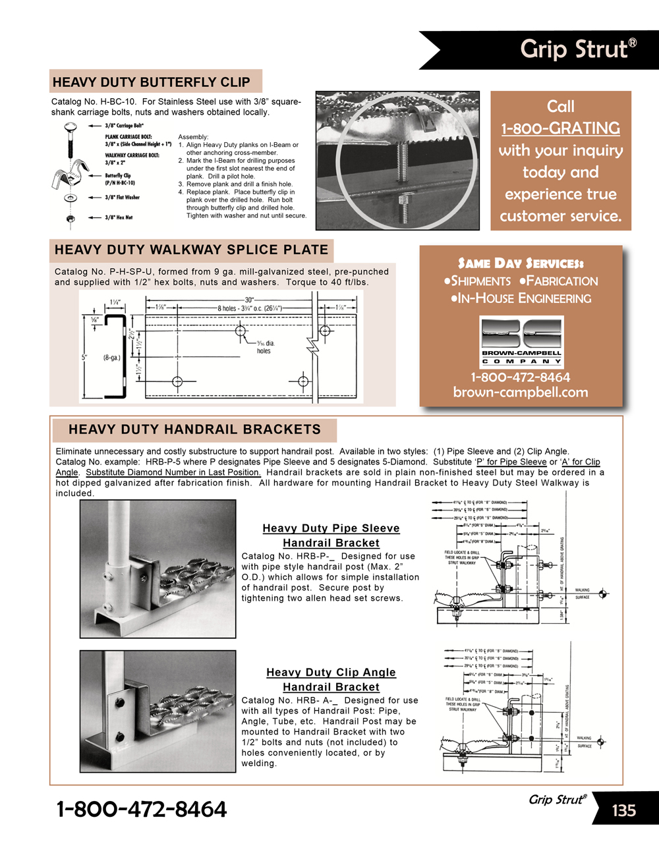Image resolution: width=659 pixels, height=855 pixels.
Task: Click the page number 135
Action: [623, 810]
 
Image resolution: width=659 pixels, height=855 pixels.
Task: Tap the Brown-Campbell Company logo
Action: [521, 340]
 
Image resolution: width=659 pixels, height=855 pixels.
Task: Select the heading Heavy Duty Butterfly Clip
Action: [152, 82]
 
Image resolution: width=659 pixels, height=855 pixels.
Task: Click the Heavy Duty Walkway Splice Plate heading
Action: [191, 250]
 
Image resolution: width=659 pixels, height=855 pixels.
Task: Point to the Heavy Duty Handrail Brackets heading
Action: [194, 429]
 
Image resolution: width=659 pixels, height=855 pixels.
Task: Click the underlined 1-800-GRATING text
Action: [560, 128]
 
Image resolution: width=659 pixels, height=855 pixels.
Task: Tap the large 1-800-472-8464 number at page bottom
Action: [142, 809]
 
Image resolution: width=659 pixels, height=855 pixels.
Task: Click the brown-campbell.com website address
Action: [521, 393]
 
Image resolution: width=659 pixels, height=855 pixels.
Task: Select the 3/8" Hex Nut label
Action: [119, 217]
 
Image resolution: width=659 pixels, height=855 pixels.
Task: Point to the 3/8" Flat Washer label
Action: [123, 197]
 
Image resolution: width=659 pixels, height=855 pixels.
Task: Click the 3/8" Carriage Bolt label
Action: [124, 125]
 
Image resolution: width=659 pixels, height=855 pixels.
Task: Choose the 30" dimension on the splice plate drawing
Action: [249, 300]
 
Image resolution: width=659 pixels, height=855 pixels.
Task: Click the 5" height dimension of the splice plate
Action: [84, 358]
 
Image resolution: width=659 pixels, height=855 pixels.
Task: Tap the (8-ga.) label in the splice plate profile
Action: [111, 358]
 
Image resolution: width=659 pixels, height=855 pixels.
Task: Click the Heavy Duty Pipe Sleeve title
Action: [331, 528]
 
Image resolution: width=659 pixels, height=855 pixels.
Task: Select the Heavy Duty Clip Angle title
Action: [331, 673]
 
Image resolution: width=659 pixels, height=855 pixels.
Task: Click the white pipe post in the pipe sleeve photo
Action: [118, 534]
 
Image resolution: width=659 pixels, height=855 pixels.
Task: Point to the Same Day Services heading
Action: [521, 263]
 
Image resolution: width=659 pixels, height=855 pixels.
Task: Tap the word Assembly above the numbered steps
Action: [193, 137]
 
